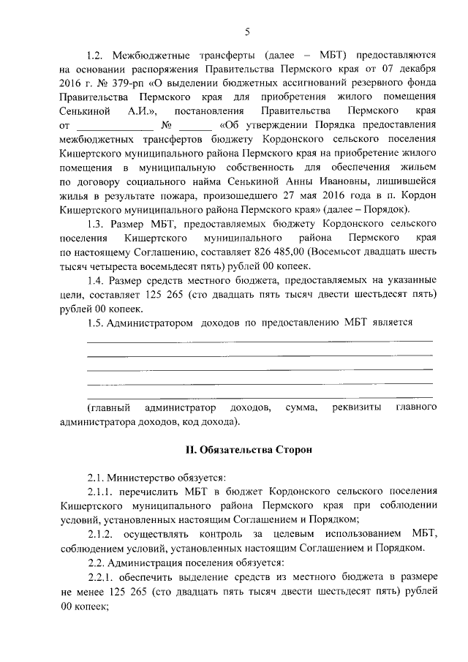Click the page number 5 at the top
click(246, 31)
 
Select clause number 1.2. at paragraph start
click(98, 55)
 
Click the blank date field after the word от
click(110, 125)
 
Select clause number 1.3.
click(98, 223)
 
